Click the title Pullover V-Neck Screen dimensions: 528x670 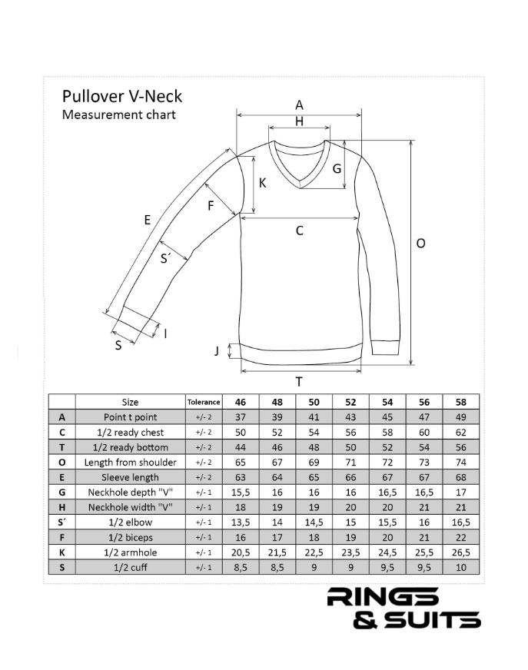(x=122, y=97)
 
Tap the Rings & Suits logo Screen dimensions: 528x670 (x=403, y=608)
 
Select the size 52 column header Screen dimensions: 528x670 (x=350, y=402)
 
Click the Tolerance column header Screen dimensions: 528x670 (x=204, y=402)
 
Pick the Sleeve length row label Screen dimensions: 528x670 (x=130, y=477)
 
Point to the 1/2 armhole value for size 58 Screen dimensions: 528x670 (x=461, y=552)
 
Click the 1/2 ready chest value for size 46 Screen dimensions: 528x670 (x=241, y=432)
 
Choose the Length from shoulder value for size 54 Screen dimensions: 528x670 (x=387, y=463)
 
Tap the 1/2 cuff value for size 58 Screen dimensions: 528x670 (x=461, y=568)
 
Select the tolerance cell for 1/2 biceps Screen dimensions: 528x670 (x=204, y=538)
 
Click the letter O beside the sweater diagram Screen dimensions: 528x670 (x=420, y=244)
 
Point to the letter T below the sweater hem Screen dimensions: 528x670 (x=299, y=382)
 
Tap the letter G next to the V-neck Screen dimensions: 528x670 (x=337, y=169)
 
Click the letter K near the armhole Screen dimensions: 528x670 (x=263, y=183)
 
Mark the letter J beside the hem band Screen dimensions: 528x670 (x=217, y=351)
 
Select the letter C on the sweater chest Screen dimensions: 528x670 (x=299, y=231)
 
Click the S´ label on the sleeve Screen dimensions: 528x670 (x=165, y=258)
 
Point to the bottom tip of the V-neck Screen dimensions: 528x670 (x=301, y=187)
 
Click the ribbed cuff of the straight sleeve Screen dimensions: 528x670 (x=386, y=348)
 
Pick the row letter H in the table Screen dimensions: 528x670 (x=62, y=507)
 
